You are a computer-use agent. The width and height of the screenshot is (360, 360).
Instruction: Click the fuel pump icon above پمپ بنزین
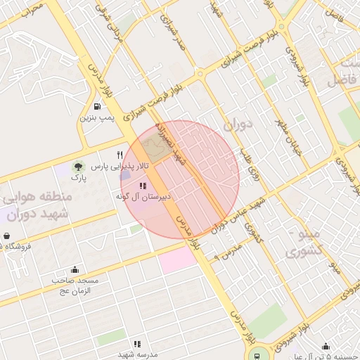[x=96, y=106]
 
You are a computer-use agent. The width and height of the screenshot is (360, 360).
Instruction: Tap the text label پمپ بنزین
[x=96, y=117]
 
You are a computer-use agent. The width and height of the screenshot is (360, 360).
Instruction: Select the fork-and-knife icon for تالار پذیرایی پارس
[x=120, y=155]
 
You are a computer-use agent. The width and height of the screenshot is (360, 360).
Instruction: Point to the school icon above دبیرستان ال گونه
[x=143, y=186]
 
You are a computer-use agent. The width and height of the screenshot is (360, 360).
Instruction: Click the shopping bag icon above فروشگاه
[x=6, y=236]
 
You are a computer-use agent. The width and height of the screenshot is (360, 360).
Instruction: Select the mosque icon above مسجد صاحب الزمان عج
[x=75, y=270]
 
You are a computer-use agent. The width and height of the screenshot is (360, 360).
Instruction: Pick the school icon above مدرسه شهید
[x=137, y=344]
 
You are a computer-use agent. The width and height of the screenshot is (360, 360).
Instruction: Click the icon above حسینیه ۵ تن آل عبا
[x=326, y=346]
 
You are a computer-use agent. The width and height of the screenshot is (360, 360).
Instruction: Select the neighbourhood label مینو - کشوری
[x=305, y=241]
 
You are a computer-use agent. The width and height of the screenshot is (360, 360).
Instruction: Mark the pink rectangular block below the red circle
[x=178, y=260]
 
